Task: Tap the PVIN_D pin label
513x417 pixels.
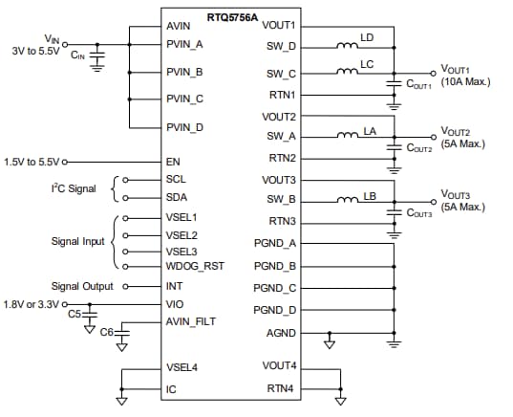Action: pyautogui.click(x=184, y=127)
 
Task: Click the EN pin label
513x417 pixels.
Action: pyautogui.click(x=173, y=163)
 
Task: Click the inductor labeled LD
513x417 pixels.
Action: pyautogui.click(x=344, y=44)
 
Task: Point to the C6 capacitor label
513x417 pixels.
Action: pyautogui.click(x=106, y=332)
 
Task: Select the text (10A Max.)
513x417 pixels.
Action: pyautogui.click(x=465, y=81)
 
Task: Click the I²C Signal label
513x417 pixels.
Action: pyautogui.click(x=74, y=188)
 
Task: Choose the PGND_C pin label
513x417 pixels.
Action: pyautogui.click(x=275, y=287)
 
